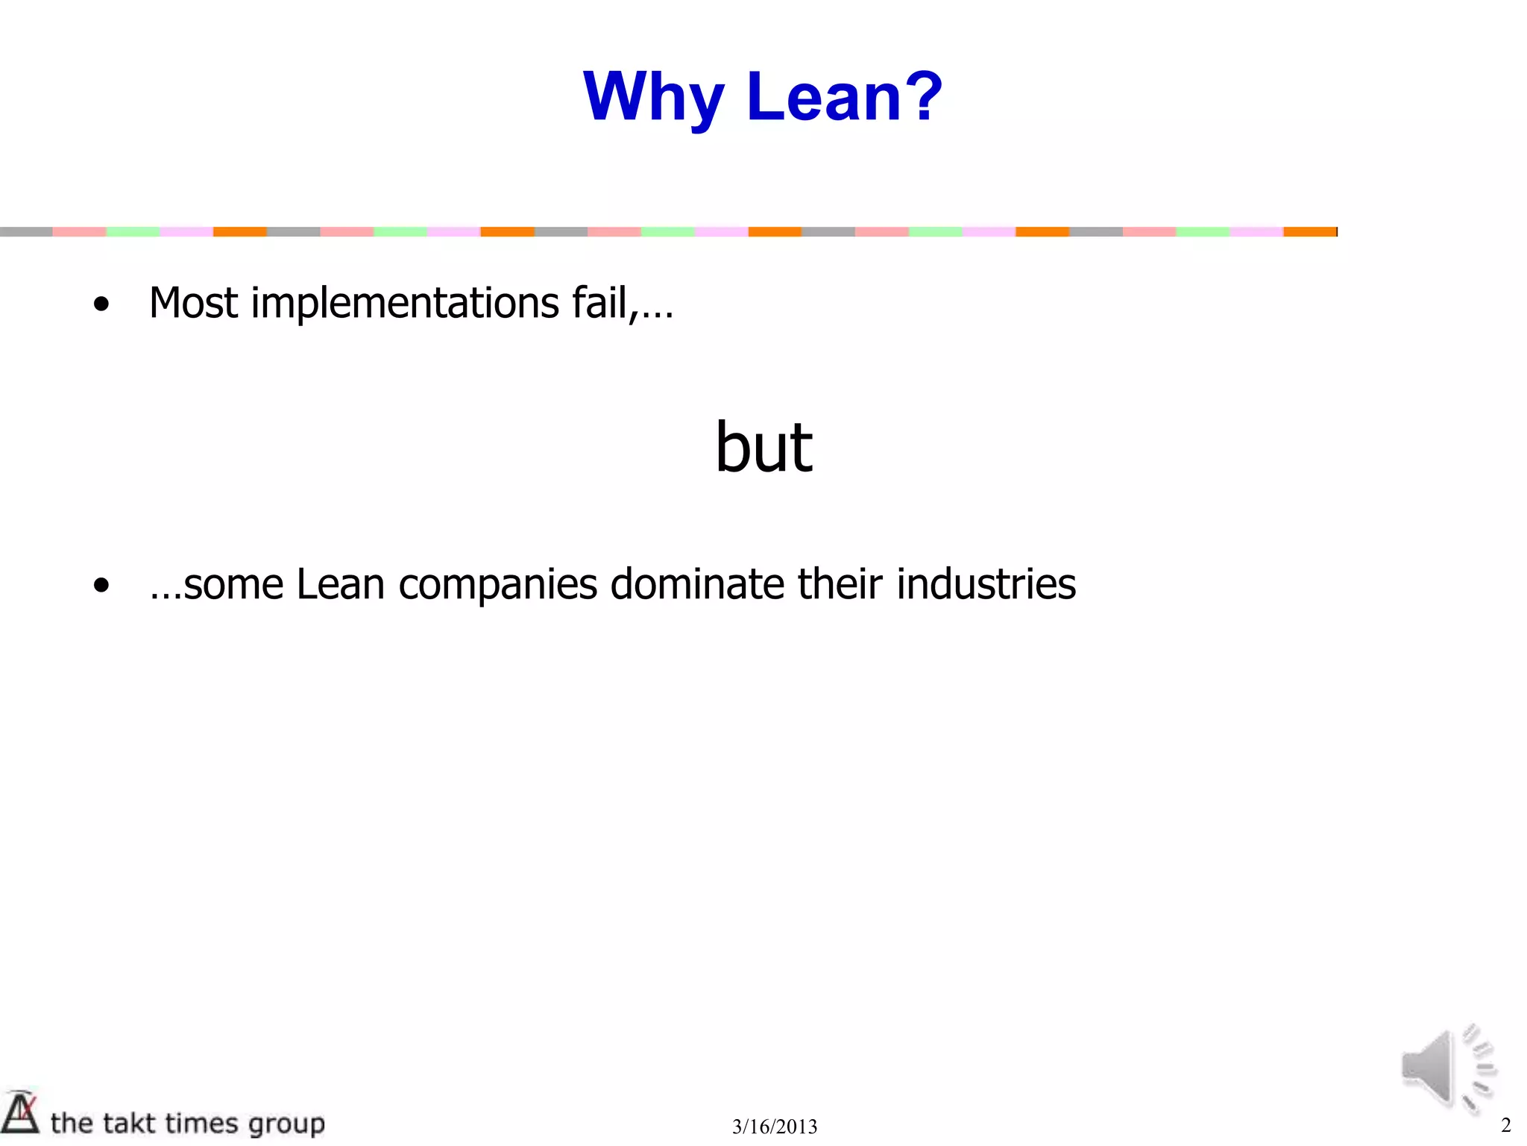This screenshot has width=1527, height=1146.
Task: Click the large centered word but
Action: point(763,447)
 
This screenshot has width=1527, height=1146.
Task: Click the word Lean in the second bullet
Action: point(340,584)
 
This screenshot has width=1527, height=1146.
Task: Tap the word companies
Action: point(498,586)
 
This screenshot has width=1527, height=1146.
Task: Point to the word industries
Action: point(986,584)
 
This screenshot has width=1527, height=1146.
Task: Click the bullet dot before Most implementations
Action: point(101,304)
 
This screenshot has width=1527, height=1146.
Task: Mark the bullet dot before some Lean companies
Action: point(101,586)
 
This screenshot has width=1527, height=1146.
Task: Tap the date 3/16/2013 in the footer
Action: point(775,1127)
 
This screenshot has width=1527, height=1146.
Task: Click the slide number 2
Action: point(1505,1125)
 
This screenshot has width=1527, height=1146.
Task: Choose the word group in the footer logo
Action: point(286,1124)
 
